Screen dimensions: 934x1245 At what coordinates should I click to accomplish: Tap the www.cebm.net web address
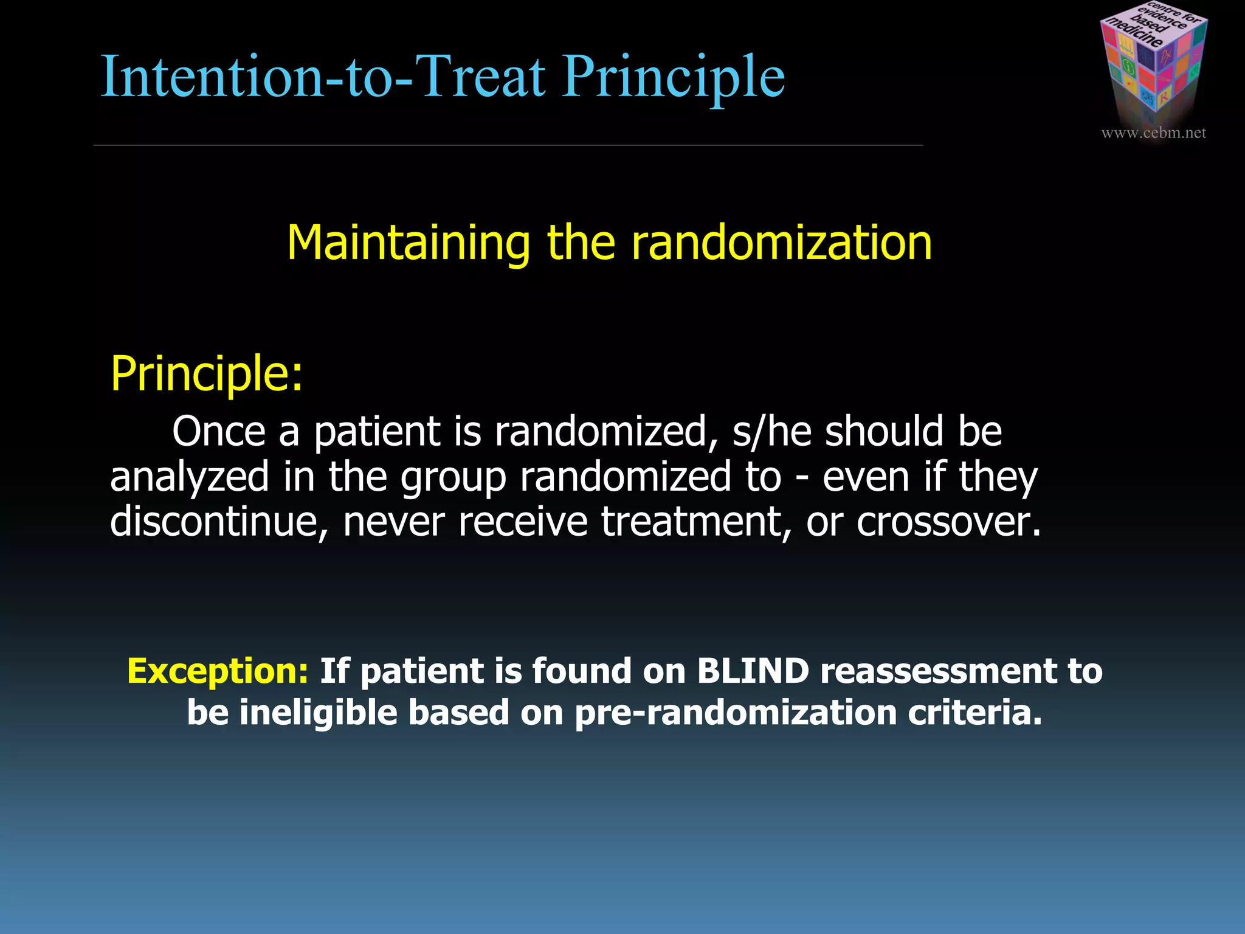(1153, 133)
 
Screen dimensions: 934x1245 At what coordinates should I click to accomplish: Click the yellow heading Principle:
(206, 373)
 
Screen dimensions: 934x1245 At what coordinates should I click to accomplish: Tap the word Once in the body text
(219, 431)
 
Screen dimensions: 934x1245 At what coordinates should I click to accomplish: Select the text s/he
(771, 431)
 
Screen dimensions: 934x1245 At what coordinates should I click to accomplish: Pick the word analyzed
(189, 477)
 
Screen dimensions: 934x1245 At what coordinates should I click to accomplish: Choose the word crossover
(948, 522)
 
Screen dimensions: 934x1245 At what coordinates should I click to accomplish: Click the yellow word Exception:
(218, 671)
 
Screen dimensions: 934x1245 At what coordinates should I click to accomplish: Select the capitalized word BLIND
(753, 671)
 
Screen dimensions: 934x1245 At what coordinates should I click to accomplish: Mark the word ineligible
(318, 713)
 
